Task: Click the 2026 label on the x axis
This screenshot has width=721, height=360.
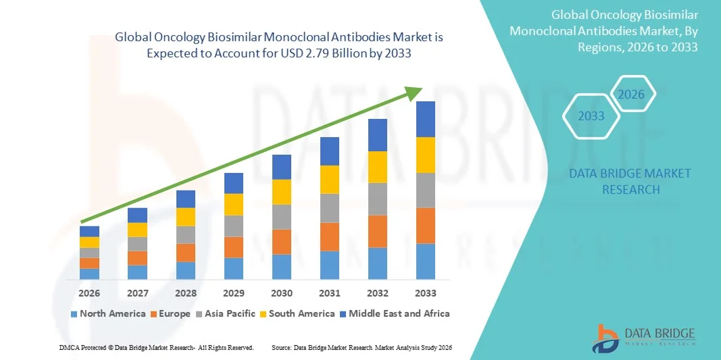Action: pos(89,293)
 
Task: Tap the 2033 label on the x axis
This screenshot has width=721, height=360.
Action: pos(425,293)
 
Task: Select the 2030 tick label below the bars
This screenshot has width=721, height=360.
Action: pos(281,293)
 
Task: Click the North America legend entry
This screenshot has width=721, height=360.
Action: pos(108,313)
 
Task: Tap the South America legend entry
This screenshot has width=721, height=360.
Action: pos(297,313)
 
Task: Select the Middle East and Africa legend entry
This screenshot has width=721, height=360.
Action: pos(395,313)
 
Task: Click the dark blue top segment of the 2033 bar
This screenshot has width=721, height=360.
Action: pos(425,119)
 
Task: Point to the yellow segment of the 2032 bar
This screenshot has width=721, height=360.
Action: pos(377,167)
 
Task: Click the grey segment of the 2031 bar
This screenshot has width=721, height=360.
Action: pos(329,208)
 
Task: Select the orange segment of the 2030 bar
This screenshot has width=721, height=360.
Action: pos(281,242)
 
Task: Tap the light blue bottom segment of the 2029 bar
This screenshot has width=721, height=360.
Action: pos(233,268)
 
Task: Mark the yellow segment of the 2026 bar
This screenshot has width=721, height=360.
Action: pos(89,242)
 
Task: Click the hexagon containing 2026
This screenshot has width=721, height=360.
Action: pos(631,95)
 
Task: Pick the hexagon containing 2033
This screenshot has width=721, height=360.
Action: pos(591,116)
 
